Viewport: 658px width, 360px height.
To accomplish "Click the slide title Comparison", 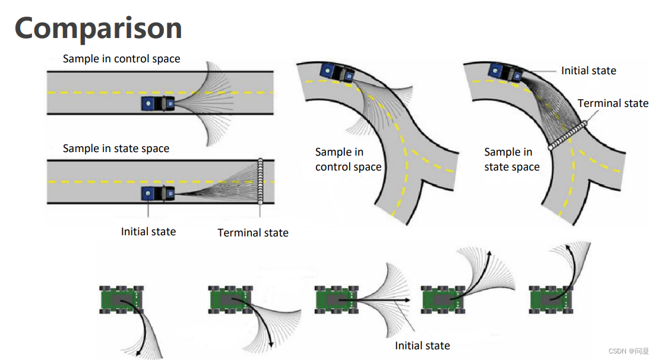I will [x=98, y=29].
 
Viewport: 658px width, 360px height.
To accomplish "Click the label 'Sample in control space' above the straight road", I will [x=121, y=59].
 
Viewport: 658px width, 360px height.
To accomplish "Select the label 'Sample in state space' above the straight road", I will [x=116, y=149].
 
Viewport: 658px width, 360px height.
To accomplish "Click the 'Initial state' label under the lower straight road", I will [x=148, y=232].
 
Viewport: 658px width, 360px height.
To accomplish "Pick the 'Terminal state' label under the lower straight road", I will [x=253, y=233].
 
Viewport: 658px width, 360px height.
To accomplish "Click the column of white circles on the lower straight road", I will [x=260, y=182].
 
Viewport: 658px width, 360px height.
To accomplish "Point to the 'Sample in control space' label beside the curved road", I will [x=348, y=160].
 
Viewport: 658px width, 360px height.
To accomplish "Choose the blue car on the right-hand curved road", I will [x=505, y=73].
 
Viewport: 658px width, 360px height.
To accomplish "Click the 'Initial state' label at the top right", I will [x=589, y=71].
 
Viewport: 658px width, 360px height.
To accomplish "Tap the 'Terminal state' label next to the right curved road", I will [x=613, y=103].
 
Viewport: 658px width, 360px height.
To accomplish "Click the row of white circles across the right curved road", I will [x=567, y=136].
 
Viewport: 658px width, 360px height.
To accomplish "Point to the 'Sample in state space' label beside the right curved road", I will [x=512, y=160].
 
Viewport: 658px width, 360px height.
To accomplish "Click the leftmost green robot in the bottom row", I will [x=122, y=299].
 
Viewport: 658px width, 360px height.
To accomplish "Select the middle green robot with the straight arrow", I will [x=336, y=299].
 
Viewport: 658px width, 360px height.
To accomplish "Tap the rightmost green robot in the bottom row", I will [x=552, y=299].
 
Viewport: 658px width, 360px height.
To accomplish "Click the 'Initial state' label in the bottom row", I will [x=422, y=346].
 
